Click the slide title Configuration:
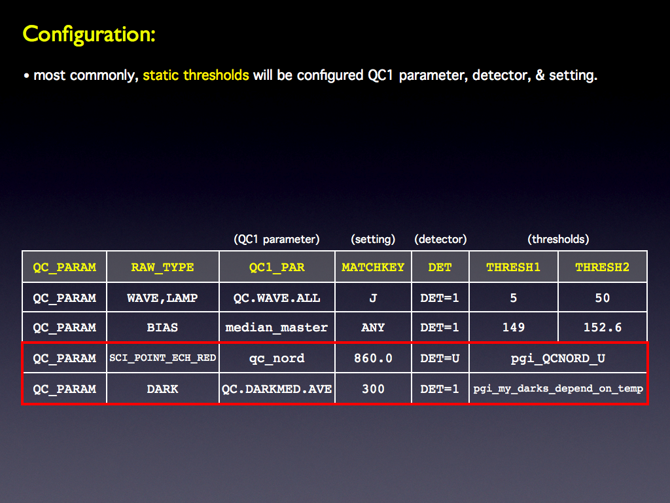(89, 34)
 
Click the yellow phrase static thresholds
(196, 75)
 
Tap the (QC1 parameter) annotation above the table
(277, 239)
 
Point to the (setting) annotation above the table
(373, 239)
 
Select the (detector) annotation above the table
(440, 239)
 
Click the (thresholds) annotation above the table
(558, 239)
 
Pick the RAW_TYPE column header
(162, 267)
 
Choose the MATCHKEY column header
(373, 267)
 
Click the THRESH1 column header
(513, 267)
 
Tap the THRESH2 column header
(602, 267)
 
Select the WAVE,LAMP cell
(162, 298)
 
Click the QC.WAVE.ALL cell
(277, 298)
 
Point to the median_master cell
(277, 327)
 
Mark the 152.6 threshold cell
(603, 327)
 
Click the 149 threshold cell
(513, 327)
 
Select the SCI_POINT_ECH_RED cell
(162, 358)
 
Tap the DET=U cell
(440, 358)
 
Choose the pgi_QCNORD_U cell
(558, 358)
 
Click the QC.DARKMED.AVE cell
(277, 389)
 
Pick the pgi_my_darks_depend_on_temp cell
(558, 388)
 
